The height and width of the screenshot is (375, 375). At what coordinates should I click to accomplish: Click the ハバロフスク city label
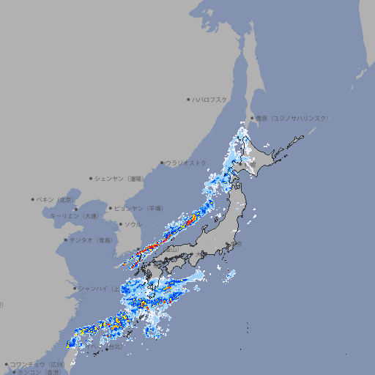pos(210,99)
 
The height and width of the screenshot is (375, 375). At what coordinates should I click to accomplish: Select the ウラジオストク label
pos(186,163)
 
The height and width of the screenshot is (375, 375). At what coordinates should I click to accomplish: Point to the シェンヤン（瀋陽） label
pos(121,178)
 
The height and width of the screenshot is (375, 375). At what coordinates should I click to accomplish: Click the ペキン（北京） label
pos(56,199)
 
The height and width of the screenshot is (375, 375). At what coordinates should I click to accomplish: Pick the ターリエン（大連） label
pos(73,216)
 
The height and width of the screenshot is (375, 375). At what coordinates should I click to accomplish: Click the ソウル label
pos(133,224)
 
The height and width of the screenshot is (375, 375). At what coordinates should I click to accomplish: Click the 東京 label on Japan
pos(238,244)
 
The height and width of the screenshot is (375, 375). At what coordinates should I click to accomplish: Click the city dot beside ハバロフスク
pos(188,99)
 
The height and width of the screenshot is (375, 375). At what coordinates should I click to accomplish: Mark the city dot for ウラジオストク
pos(162,163)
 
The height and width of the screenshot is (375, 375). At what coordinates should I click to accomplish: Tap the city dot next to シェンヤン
pos(91,178)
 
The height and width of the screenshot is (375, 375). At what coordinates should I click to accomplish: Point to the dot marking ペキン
pos(33,199)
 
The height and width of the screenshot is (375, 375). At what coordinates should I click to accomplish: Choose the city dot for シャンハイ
pos(74,289)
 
